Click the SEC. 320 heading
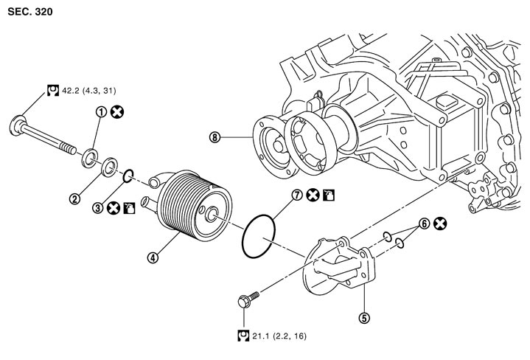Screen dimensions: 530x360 (x=30, y=12)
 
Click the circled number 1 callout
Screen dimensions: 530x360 (x=101, y=112)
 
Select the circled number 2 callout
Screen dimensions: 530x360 (x=74, y=198)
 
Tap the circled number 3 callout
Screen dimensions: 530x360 (x=98, y=208)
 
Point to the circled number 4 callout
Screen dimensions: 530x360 (x=153, y=257)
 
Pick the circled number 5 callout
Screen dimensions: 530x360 (x=363, y=318)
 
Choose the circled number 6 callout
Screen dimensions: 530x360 (x=424, y=224)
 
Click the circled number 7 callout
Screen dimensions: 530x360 (x=297, y=195)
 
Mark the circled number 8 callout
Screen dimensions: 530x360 (x=215, y=137)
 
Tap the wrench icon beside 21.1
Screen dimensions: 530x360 (x=243, y=336)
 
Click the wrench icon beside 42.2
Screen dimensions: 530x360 (x=53, y=90)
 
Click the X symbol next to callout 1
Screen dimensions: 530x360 (x=117, y=112)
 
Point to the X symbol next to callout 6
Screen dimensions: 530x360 (x=440, y=224)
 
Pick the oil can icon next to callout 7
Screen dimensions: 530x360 (x=329, y=195)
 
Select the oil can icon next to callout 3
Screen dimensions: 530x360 (x=130, y=208)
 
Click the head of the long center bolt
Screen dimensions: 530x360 (x=18, y=125)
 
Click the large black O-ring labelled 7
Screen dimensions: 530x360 (x=259, y=236)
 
